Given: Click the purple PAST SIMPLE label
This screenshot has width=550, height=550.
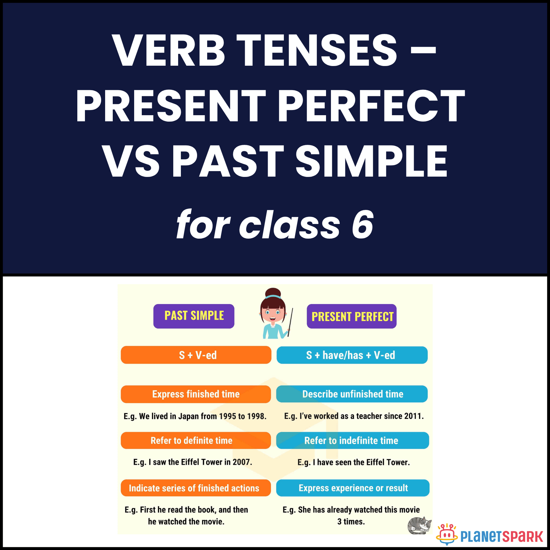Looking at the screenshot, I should [194, 316].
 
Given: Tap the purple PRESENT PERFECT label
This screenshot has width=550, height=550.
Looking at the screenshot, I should [352, 316].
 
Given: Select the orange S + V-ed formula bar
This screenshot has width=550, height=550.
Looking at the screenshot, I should [196, 355].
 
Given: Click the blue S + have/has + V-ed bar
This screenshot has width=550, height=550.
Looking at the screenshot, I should [352, 355].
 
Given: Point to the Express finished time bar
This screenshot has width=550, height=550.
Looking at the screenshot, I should [196, 394].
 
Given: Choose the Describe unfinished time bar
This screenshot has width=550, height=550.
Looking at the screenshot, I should [352, 394].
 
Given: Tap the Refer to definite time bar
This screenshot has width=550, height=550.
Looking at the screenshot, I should [196, 440].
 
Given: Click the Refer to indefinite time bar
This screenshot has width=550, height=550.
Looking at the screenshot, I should [352, 440].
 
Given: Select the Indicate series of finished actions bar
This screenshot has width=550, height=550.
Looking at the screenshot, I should [196, 488].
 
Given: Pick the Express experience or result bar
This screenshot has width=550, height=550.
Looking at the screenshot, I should [353, 488].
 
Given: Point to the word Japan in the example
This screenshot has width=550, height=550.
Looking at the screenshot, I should [189, 416].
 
